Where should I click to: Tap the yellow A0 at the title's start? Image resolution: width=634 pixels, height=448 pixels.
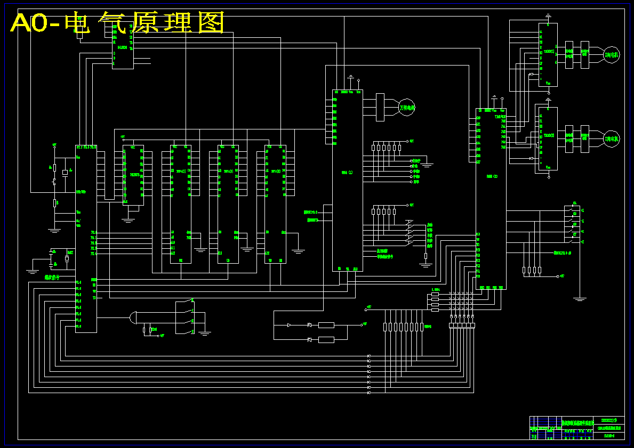point(28,23)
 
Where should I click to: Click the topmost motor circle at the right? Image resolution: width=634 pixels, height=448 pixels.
point(611,54)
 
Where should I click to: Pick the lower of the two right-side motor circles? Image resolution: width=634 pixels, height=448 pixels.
point(611,139)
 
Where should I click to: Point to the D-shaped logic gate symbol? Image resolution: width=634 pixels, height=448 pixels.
point(133,318)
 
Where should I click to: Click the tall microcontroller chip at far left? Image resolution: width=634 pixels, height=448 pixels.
point(86,238)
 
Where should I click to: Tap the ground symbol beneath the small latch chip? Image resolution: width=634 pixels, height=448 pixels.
point(128,219)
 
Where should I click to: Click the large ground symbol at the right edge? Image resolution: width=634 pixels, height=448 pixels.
point(580,299)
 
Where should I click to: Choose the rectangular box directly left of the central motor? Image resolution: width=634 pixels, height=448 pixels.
point(380,107)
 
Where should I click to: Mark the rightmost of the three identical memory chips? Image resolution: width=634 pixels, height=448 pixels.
point(275,204)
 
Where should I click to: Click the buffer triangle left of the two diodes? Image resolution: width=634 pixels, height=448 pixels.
point(288,325)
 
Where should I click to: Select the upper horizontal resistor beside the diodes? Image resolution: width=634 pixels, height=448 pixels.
point(326,325)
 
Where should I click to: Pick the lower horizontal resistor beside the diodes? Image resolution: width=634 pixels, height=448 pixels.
point(326,340)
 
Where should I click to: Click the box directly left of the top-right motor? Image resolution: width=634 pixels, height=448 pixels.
point(585,54)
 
